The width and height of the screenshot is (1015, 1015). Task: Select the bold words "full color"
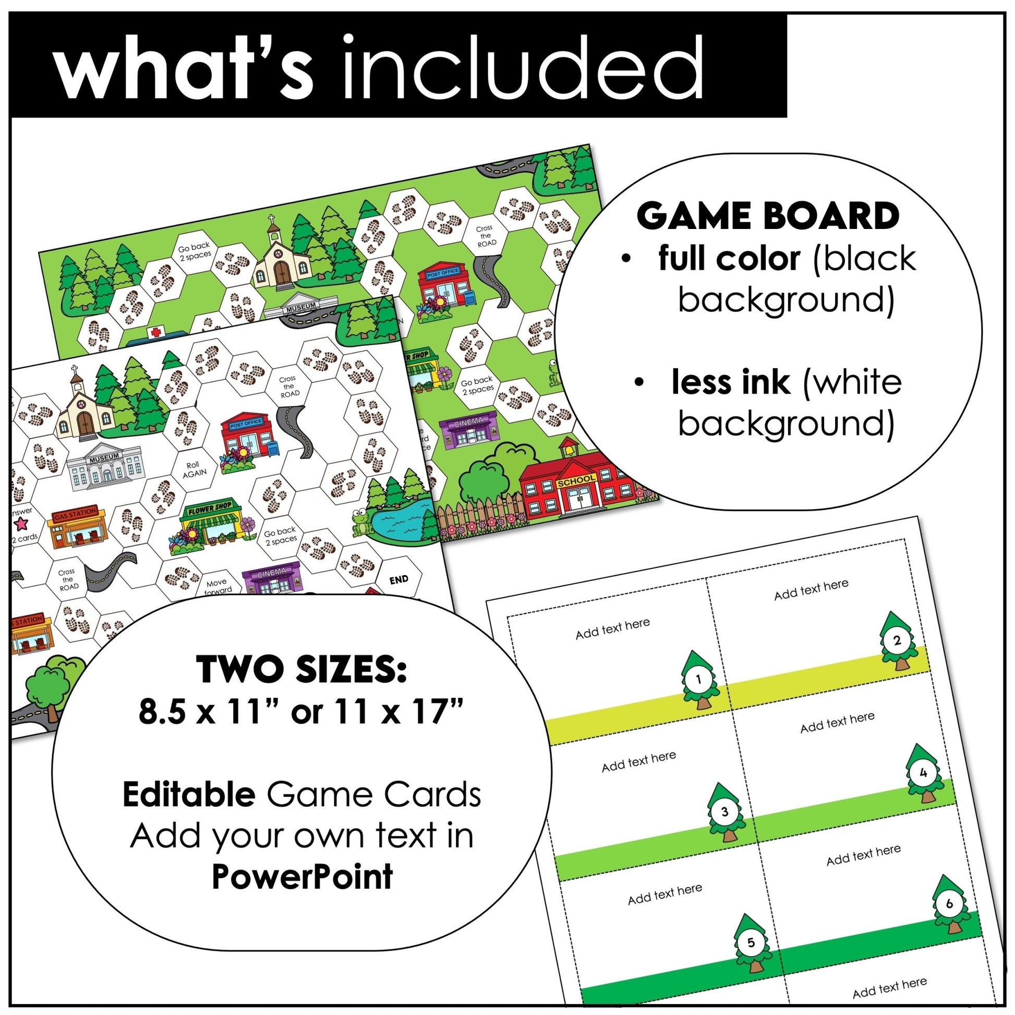coord(729,259)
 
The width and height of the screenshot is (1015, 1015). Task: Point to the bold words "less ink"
coord(730,382)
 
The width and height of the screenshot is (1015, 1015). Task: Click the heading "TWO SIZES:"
coord(301,669)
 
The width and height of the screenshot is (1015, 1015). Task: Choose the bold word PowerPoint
coord(302,876)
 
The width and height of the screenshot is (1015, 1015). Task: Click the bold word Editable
coord(189,794)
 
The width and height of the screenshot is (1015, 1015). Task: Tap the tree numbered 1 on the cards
coord(699,681)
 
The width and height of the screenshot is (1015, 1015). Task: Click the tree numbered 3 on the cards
coord(724,813)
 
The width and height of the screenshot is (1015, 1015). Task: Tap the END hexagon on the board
coord(398,579)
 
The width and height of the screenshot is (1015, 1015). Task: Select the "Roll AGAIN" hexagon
coord(194,469)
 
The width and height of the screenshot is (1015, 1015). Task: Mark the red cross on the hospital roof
coord(155,332)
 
